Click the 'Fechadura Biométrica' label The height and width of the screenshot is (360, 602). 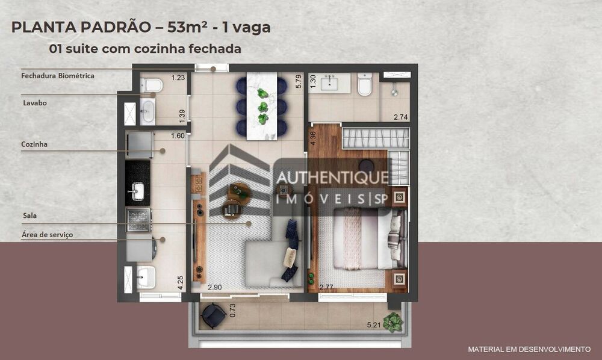tap(58, 76)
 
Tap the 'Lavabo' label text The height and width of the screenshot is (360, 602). tap(34, 103)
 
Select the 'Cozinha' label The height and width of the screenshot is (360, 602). tap(34, 144)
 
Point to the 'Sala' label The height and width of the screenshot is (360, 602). tap(28, 214)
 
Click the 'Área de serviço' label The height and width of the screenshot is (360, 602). tap(47, 234)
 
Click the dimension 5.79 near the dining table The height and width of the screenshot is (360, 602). tap(298, 82)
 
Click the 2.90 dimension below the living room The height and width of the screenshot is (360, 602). tap(216, 288)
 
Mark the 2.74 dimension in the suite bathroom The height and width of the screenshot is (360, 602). tap(400, 117)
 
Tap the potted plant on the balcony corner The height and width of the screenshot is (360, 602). tap(393, 322)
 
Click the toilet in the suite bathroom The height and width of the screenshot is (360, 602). tap(365, 85)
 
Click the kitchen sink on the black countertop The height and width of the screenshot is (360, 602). tap(137, 191)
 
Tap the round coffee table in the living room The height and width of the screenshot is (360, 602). tap(238, 191)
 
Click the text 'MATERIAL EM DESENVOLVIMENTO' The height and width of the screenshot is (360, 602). tap(529, 349)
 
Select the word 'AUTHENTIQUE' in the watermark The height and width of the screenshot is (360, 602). tap(332, 178)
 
